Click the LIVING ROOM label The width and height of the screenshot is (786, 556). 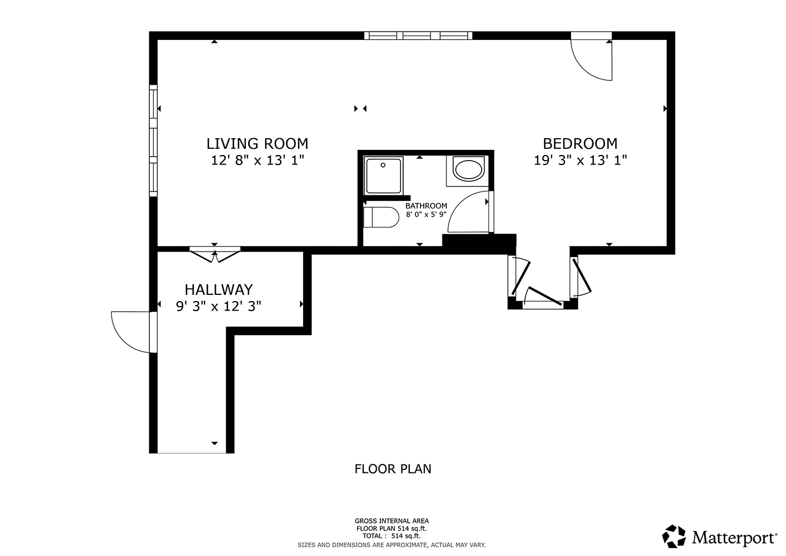[257, 144]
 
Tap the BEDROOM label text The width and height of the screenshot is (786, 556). [580, 144]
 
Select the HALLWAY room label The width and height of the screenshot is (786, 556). [218, 290]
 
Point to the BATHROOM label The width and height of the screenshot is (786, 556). [426, 206]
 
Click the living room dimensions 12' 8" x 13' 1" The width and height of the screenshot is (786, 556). [257, 161]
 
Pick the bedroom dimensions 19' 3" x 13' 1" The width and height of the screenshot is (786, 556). [580, 161]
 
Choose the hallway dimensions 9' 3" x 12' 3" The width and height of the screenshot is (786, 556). [218, 307]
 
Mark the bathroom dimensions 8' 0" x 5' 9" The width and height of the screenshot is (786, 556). [426, 214]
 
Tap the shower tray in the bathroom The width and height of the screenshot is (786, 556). [383, 175]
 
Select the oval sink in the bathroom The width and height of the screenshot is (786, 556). [468, 170]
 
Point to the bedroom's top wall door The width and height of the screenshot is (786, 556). [591, 56]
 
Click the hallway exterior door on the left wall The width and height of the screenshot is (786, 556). [133, 332]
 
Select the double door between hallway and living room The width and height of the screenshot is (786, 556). [214, 254]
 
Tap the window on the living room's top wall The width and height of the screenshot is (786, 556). [418, 36]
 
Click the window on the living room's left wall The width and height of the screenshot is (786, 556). [153, 140]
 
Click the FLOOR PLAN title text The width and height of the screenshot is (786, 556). [392, 469]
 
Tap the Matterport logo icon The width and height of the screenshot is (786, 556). [674, 536]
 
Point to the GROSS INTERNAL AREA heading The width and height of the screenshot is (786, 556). [392, 521]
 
